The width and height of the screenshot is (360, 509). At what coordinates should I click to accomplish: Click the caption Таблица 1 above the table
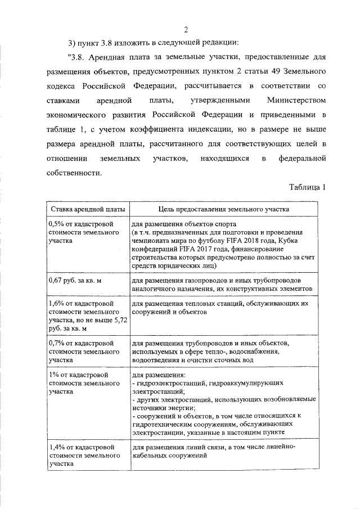point(308,187)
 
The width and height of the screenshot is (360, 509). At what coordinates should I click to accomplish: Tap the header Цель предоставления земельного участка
point(223,209)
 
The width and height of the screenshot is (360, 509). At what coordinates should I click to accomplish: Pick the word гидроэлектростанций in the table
point(170,382)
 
